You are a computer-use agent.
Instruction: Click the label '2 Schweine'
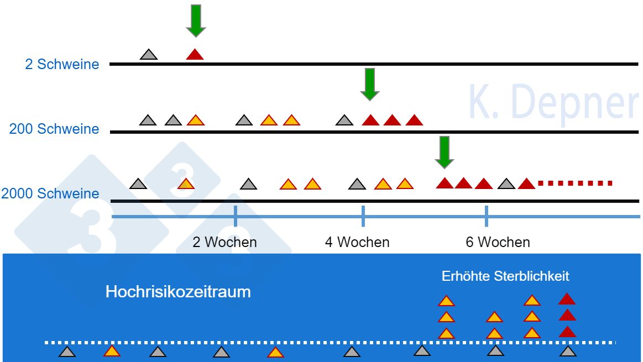click(62, 64)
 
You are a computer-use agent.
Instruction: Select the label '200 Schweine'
click(54, 129)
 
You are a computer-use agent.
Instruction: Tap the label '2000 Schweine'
click(50, 194)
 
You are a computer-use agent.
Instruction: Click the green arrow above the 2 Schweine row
click(195, 20)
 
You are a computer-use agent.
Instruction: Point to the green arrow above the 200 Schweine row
click(369, 83)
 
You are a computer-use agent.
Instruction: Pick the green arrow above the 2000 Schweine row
click(444, 151)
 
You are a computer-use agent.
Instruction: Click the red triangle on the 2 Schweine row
click(195, 55)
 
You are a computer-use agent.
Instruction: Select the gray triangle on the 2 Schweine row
click(149, 55)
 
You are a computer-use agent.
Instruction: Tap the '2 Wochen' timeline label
click(224, 242)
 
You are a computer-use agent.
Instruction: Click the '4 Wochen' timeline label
click(357, 242)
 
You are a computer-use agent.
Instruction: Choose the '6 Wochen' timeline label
click(498, 242)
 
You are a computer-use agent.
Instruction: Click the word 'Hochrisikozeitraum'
click(178, 291)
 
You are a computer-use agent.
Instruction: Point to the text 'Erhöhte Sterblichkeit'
click(505, 276)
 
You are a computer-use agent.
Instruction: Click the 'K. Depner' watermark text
click(553, 102)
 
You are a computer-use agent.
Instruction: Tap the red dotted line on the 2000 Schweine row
click(575, 183)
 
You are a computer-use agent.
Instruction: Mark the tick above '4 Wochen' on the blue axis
click(363, 216)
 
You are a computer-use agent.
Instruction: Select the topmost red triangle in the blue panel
click(567, 300)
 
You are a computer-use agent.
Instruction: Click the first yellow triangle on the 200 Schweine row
click(196, 120)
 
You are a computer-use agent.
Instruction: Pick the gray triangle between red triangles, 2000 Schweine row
click(506, 183)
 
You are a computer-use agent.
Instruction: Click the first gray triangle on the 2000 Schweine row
click(138, 184)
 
